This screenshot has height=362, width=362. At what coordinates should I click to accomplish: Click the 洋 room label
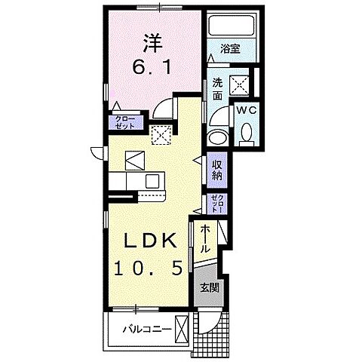coord(153,44)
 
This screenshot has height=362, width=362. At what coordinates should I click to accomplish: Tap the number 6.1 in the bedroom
coord(152,68)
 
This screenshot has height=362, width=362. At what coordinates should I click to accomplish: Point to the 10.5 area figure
coord(149,268)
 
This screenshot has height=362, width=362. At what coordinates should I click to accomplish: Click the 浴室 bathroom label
coord(230,49)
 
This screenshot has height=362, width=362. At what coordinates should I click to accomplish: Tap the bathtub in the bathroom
coord(232,26)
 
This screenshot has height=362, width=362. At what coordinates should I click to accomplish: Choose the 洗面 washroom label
coord(217,89)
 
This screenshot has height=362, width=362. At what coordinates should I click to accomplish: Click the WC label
coord(247,110)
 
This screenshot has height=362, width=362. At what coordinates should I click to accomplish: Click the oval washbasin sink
coord(218,137)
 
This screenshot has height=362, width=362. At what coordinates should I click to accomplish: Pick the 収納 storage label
coord(216,170)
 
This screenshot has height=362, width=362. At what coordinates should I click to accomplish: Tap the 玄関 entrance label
coord(210,287)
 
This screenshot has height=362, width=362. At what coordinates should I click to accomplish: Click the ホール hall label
coord(205,239)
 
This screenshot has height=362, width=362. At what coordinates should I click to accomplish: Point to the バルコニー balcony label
coord(147,329)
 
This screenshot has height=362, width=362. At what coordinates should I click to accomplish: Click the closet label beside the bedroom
coord(125,122)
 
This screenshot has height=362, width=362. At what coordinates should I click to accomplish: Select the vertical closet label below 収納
coord(217,204)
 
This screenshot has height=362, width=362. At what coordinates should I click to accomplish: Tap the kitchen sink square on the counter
coord(152,181)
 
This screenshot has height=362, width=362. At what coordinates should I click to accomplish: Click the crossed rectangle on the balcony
coord(182,330)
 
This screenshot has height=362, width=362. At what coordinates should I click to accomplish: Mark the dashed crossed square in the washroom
coord(240,85)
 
